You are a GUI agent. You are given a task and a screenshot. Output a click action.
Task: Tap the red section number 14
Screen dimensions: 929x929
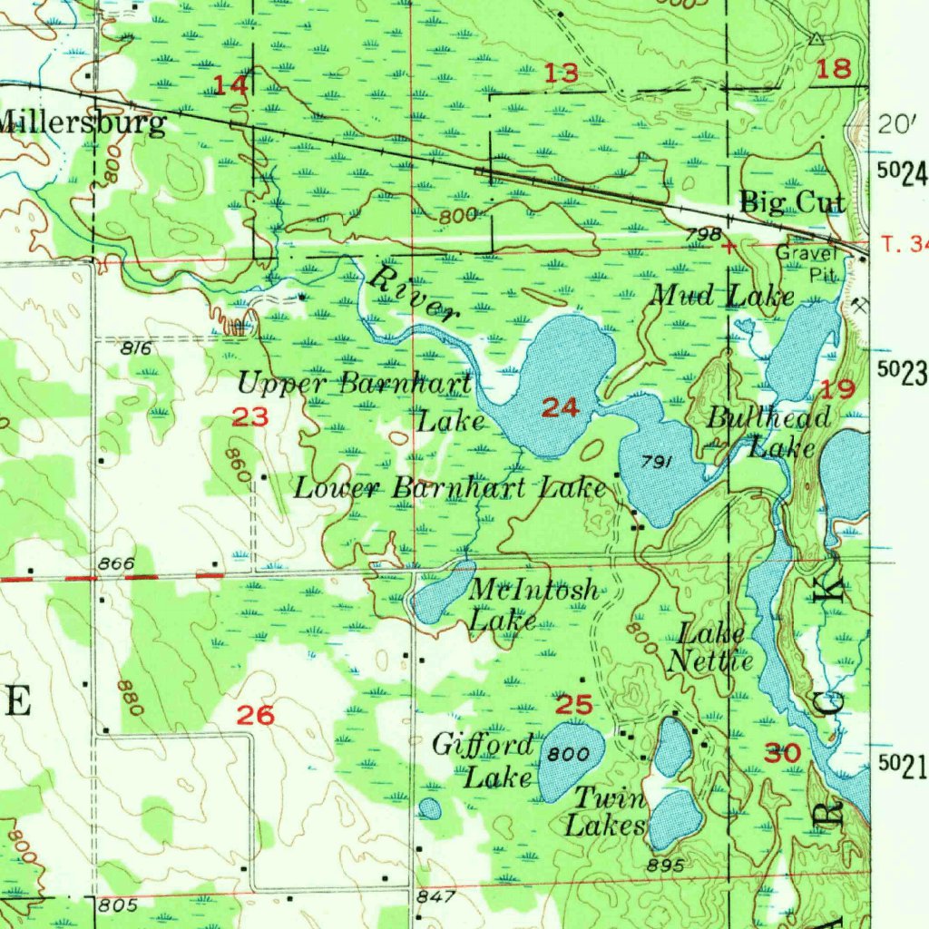230,86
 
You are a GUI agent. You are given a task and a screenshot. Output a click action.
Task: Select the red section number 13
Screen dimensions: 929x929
562,74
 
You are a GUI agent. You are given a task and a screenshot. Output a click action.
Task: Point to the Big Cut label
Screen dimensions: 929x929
792,201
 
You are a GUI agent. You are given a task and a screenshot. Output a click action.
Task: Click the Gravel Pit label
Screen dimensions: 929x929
805,261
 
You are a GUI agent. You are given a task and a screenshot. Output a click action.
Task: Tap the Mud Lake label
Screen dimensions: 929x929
723,296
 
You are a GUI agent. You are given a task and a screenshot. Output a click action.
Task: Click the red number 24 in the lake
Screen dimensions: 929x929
560,408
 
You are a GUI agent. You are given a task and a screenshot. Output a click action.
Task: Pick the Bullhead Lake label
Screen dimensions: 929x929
769,432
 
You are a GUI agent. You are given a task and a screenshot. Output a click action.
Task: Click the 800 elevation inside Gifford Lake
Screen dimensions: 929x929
569,755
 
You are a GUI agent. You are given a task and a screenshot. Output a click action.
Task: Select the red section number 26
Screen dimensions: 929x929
255,716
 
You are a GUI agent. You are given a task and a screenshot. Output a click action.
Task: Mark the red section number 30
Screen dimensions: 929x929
782,753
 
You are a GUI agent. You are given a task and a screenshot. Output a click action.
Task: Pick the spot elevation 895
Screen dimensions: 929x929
666,865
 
